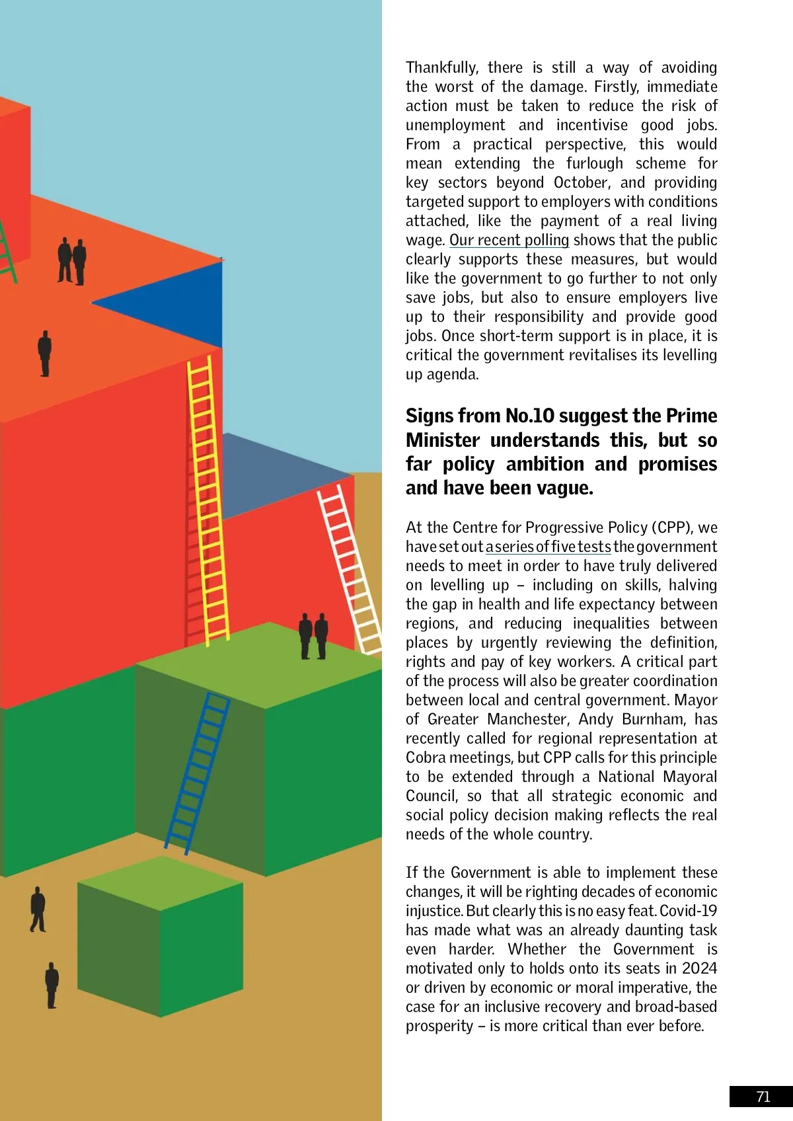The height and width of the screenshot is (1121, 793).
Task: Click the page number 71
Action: (763, 1097)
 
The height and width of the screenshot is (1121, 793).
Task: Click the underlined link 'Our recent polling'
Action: (509, 240)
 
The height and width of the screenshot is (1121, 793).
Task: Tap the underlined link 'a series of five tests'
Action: (548, 547)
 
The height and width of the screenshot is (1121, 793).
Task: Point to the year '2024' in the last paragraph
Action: (699, 968)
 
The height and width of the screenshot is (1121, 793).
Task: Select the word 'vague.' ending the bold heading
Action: (564, 488)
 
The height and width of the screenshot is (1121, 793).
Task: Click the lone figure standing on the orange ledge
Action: (44, 352)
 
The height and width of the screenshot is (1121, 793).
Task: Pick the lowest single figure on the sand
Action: (52, 985)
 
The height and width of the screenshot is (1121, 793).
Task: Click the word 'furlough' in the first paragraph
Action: (594, 163)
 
